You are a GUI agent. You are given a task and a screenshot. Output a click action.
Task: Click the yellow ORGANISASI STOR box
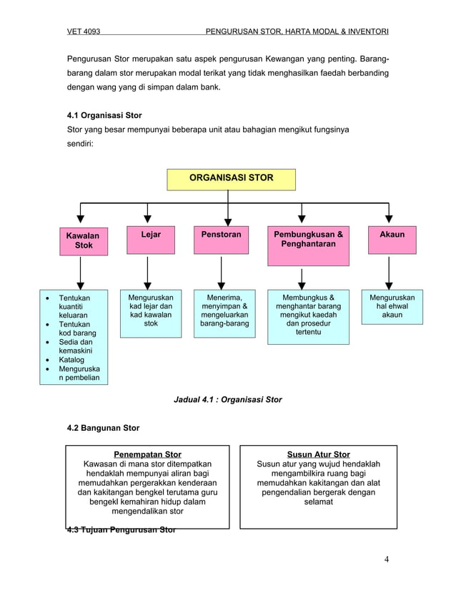[x=230, y=178]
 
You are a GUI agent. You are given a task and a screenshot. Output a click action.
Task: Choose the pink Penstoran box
[x=221, y=240]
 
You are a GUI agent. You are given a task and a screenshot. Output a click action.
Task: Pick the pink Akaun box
[x=392, y=240]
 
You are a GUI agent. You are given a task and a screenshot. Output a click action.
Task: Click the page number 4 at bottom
[x=386, y=559]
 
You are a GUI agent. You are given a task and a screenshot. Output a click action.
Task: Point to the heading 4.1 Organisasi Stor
[x=104, y=114]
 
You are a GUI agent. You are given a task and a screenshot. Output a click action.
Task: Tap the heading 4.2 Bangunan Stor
[x=103, y=428]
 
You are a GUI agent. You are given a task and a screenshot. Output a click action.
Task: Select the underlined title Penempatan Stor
[x=148, y=454]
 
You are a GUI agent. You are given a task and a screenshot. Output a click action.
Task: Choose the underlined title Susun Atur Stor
[x=318, y=454]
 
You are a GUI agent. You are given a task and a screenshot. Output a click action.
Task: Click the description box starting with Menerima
[x=221, y=313]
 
